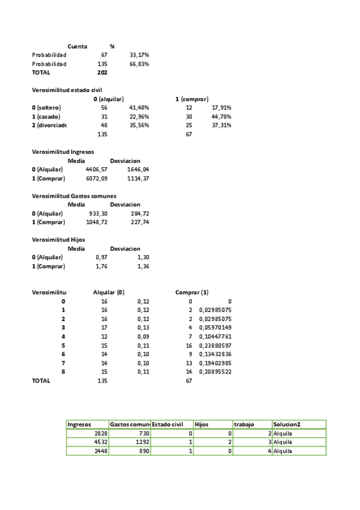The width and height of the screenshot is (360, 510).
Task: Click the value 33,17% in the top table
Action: (139, 55)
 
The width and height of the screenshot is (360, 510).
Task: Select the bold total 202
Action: (102, 72)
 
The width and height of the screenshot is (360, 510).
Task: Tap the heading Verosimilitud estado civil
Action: (67, 90)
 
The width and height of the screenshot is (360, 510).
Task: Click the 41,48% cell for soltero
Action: (139, 108)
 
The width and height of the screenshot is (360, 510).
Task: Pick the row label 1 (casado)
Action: (46, 117)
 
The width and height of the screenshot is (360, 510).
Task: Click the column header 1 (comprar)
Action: (192, 99)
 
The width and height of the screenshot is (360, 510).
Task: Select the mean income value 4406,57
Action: (96, 170)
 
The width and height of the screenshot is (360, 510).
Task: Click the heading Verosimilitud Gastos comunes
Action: (74, 196)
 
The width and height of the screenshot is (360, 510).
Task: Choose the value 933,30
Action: (98, 214)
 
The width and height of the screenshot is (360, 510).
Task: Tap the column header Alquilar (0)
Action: (108, 292)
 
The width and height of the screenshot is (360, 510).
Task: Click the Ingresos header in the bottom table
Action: (80, 424)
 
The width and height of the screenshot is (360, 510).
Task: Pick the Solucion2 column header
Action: (287, 424)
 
